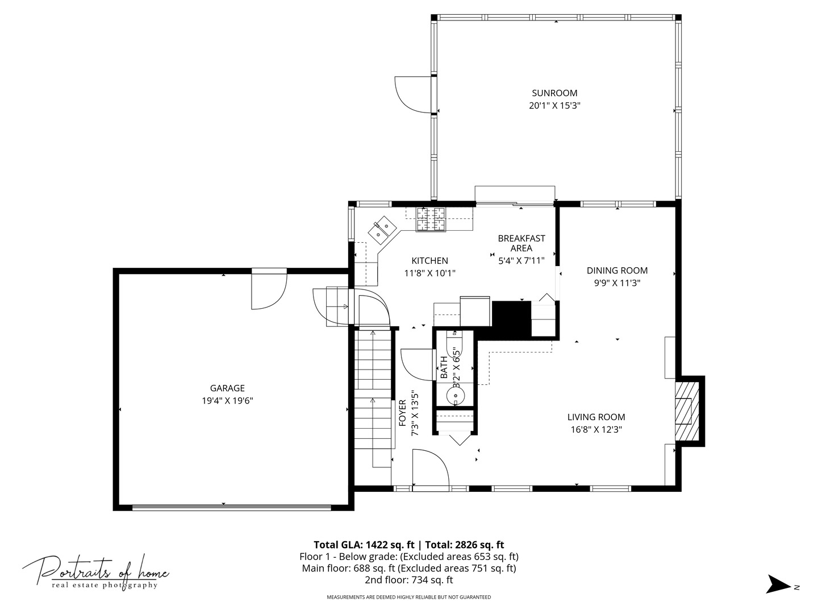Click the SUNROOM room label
tap(554, 93)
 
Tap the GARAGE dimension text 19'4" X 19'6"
tap(227, 400)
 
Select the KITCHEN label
tap(429, 260)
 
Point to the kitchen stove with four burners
tap(431, 219)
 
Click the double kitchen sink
tap(382, 230)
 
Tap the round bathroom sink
tap(456, 395)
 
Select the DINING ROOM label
tap(617, 270)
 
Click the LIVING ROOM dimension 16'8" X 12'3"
tap(596, 429)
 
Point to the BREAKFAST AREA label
tap(521, 243)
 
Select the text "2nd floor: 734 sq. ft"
tap(409, 580)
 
